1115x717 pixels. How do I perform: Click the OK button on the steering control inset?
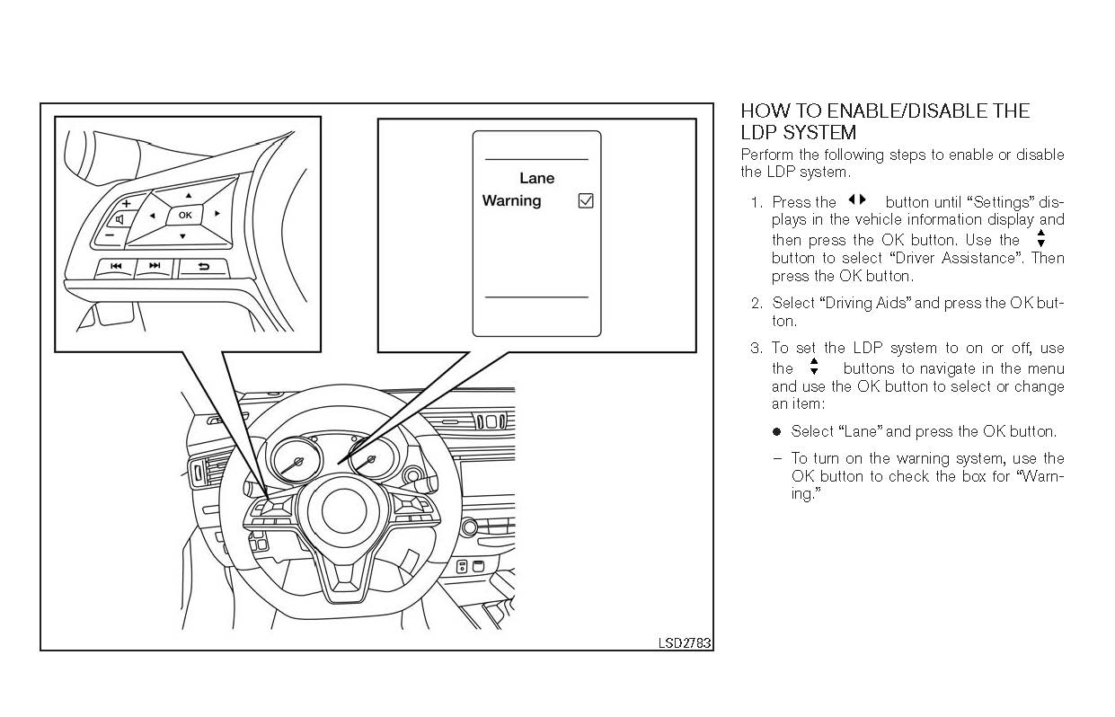tap(184, 215)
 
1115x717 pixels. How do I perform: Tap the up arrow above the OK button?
tap(189, 195)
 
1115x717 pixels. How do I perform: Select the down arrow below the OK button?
tap(181, 236)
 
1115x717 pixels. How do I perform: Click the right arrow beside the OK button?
tap(217, 214)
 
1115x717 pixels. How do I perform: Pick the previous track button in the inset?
tap(116, 266)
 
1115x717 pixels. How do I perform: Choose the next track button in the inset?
tap(155, 266)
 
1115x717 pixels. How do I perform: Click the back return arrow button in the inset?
tap(203, 266)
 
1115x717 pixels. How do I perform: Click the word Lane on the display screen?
tap(536, 179)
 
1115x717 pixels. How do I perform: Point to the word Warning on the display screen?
tap(511, 200)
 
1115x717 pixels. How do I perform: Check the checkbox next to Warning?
tap(586, 201)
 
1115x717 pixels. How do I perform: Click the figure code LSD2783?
tap(684, 642)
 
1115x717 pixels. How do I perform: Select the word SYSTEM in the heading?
tap(820, 133)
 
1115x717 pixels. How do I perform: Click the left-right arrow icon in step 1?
tap(857, 200)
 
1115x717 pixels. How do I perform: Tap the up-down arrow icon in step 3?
tap(814, 367)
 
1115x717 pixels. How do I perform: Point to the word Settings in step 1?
tap(1004, 202)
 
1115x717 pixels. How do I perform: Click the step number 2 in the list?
tap(756, 304)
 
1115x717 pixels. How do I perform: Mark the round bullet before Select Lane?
tap(777, 432)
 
